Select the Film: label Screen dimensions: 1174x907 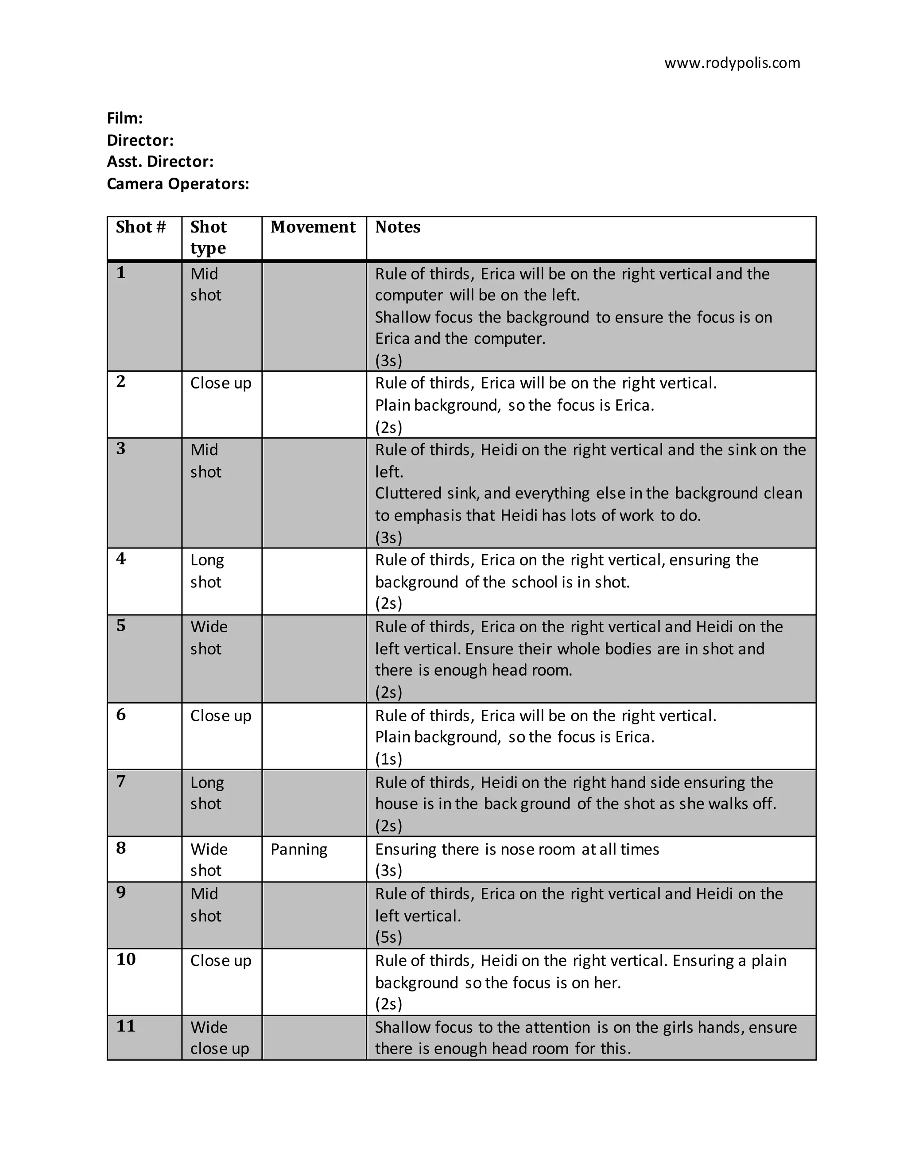pos(124,118)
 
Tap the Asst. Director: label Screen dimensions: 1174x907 pos(160,162)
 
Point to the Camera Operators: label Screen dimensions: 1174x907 pos(178,184)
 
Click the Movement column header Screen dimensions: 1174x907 pos(313,227)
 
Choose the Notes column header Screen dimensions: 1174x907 pos(398,227)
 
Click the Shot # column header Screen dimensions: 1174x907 pos(141,227)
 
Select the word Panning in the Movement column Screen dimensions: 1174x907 pos(299,849)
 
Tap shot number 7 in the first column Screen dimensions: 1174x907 pos(121,781)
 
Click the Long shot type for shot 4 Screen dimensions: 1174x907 pos(207,571)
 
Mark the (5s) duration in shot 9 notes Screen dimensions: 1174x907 pos(388,937)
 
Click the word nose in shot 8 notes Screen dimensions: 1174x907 pos(516,849)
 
